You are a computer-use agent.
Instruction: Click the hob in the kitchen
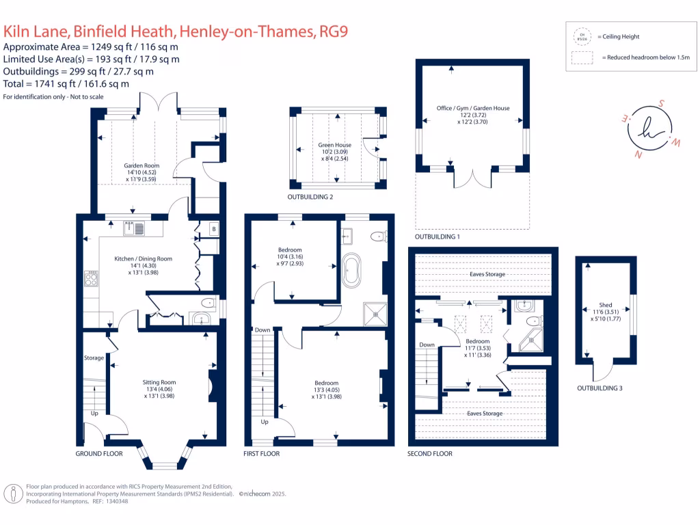point(91,278)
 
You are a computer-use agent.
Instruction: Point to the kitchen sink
point(135,228)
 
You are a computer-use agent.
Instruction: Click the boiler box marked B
point(214,228)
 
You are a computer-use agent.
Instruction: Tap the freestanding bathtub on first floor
point(352,271)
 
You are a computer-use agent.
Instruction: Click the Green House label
point(334,146)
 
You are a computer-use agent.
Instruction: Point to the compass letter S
point(661,103)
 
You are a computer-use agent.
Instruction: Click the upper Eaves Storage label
point(487,274)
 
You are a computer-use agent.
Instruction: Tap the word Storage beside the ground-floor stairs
point(94,358)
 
